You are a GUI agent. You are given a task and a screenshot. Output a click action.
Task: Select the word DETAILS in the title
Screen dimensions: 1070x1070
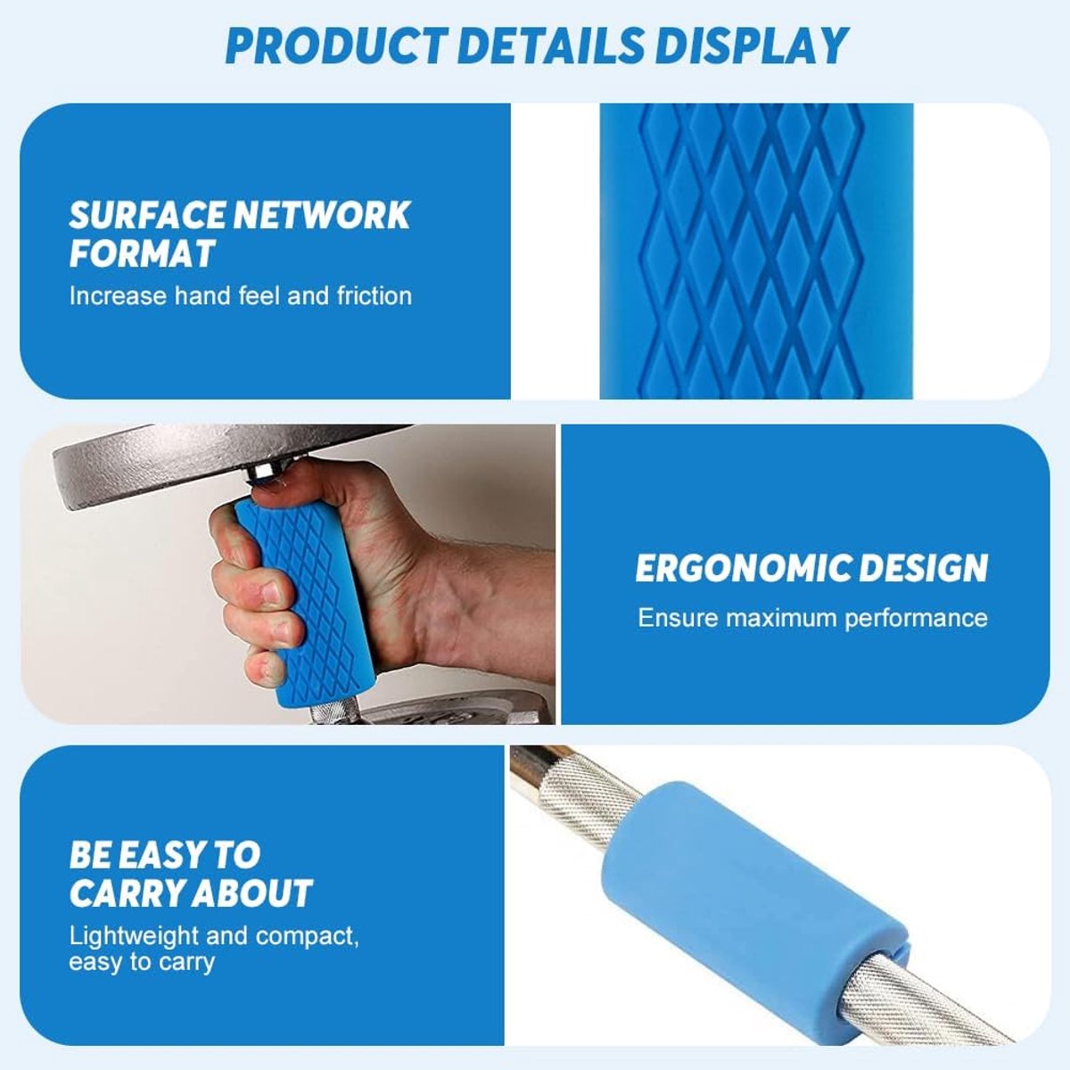coord(550,46)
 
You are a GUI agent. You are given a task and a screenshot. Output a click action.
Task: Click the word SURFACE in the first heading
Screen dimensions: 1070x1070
coord(146,215)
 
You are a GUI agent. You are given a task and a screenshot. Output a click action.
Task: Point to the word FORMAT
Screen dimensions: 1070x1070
coord(142,254)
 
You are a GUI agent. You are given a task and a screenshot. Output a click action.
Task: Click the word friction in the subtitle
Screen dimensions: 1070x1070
coord(374,295)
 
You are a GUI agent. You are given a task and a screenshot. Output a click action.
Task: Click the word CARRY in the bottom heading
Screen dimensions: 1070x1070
coord(126,893)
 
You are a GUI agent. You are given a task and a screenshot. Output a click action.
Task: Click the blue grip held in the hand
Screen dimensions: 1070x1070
coord(306,603)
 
